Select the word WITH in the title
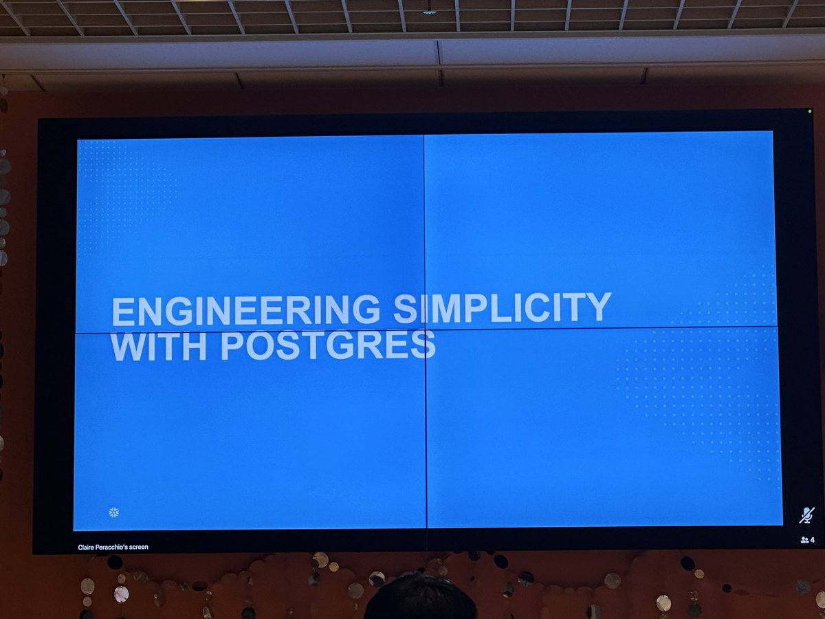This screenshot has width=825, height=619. tap(159, 346)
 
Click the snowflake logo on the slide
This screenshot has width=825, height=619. tap(114, 512)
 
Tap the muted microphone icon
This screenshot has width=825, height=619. tap(806, 515)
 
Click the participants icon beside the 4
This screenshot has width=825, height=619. tap(804, 540)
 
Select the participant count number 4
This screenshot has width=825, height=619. tap(813, 540)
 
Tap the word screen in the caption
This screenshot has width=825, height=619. tap(139, 547)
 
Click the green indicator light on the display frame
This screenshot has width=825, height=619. tap(810, 111)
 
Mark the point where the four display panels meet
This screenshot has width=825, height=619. tap(425, 329)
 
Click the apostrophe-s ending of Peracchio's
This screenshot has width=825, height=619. tap(127, 547)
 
